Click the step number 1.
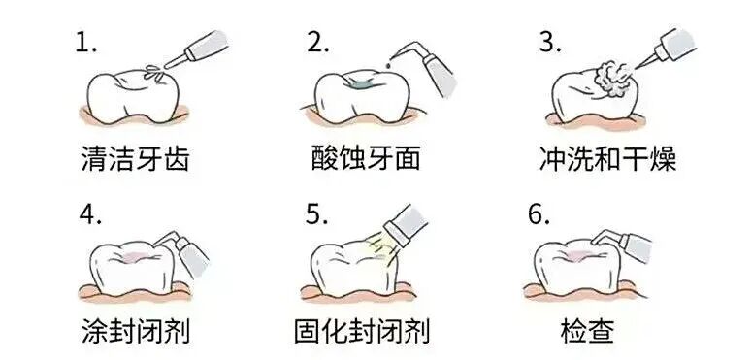click(x=85, y=43)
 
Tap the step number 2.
click(x=318, y=43)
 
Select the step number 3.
click(x=550, y=43)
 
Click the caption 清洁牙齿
click(x=135, y=159)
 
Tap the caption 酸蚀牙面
click(x=366, y=159)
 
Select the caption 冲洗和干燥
click(x=607, y=159)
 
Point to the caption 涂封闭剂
click(x=136, y=330)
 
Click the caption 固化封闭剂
click(x=362, y=330)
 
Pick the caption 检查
click(x=587, y=330)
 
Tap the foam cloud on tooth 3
click(x=611, y=80)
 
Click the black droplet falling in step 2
click(x=389, y=63)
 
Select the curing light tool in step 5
click(x=406, y=225)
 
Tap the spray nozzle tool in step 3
click(x=666, y=49)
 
